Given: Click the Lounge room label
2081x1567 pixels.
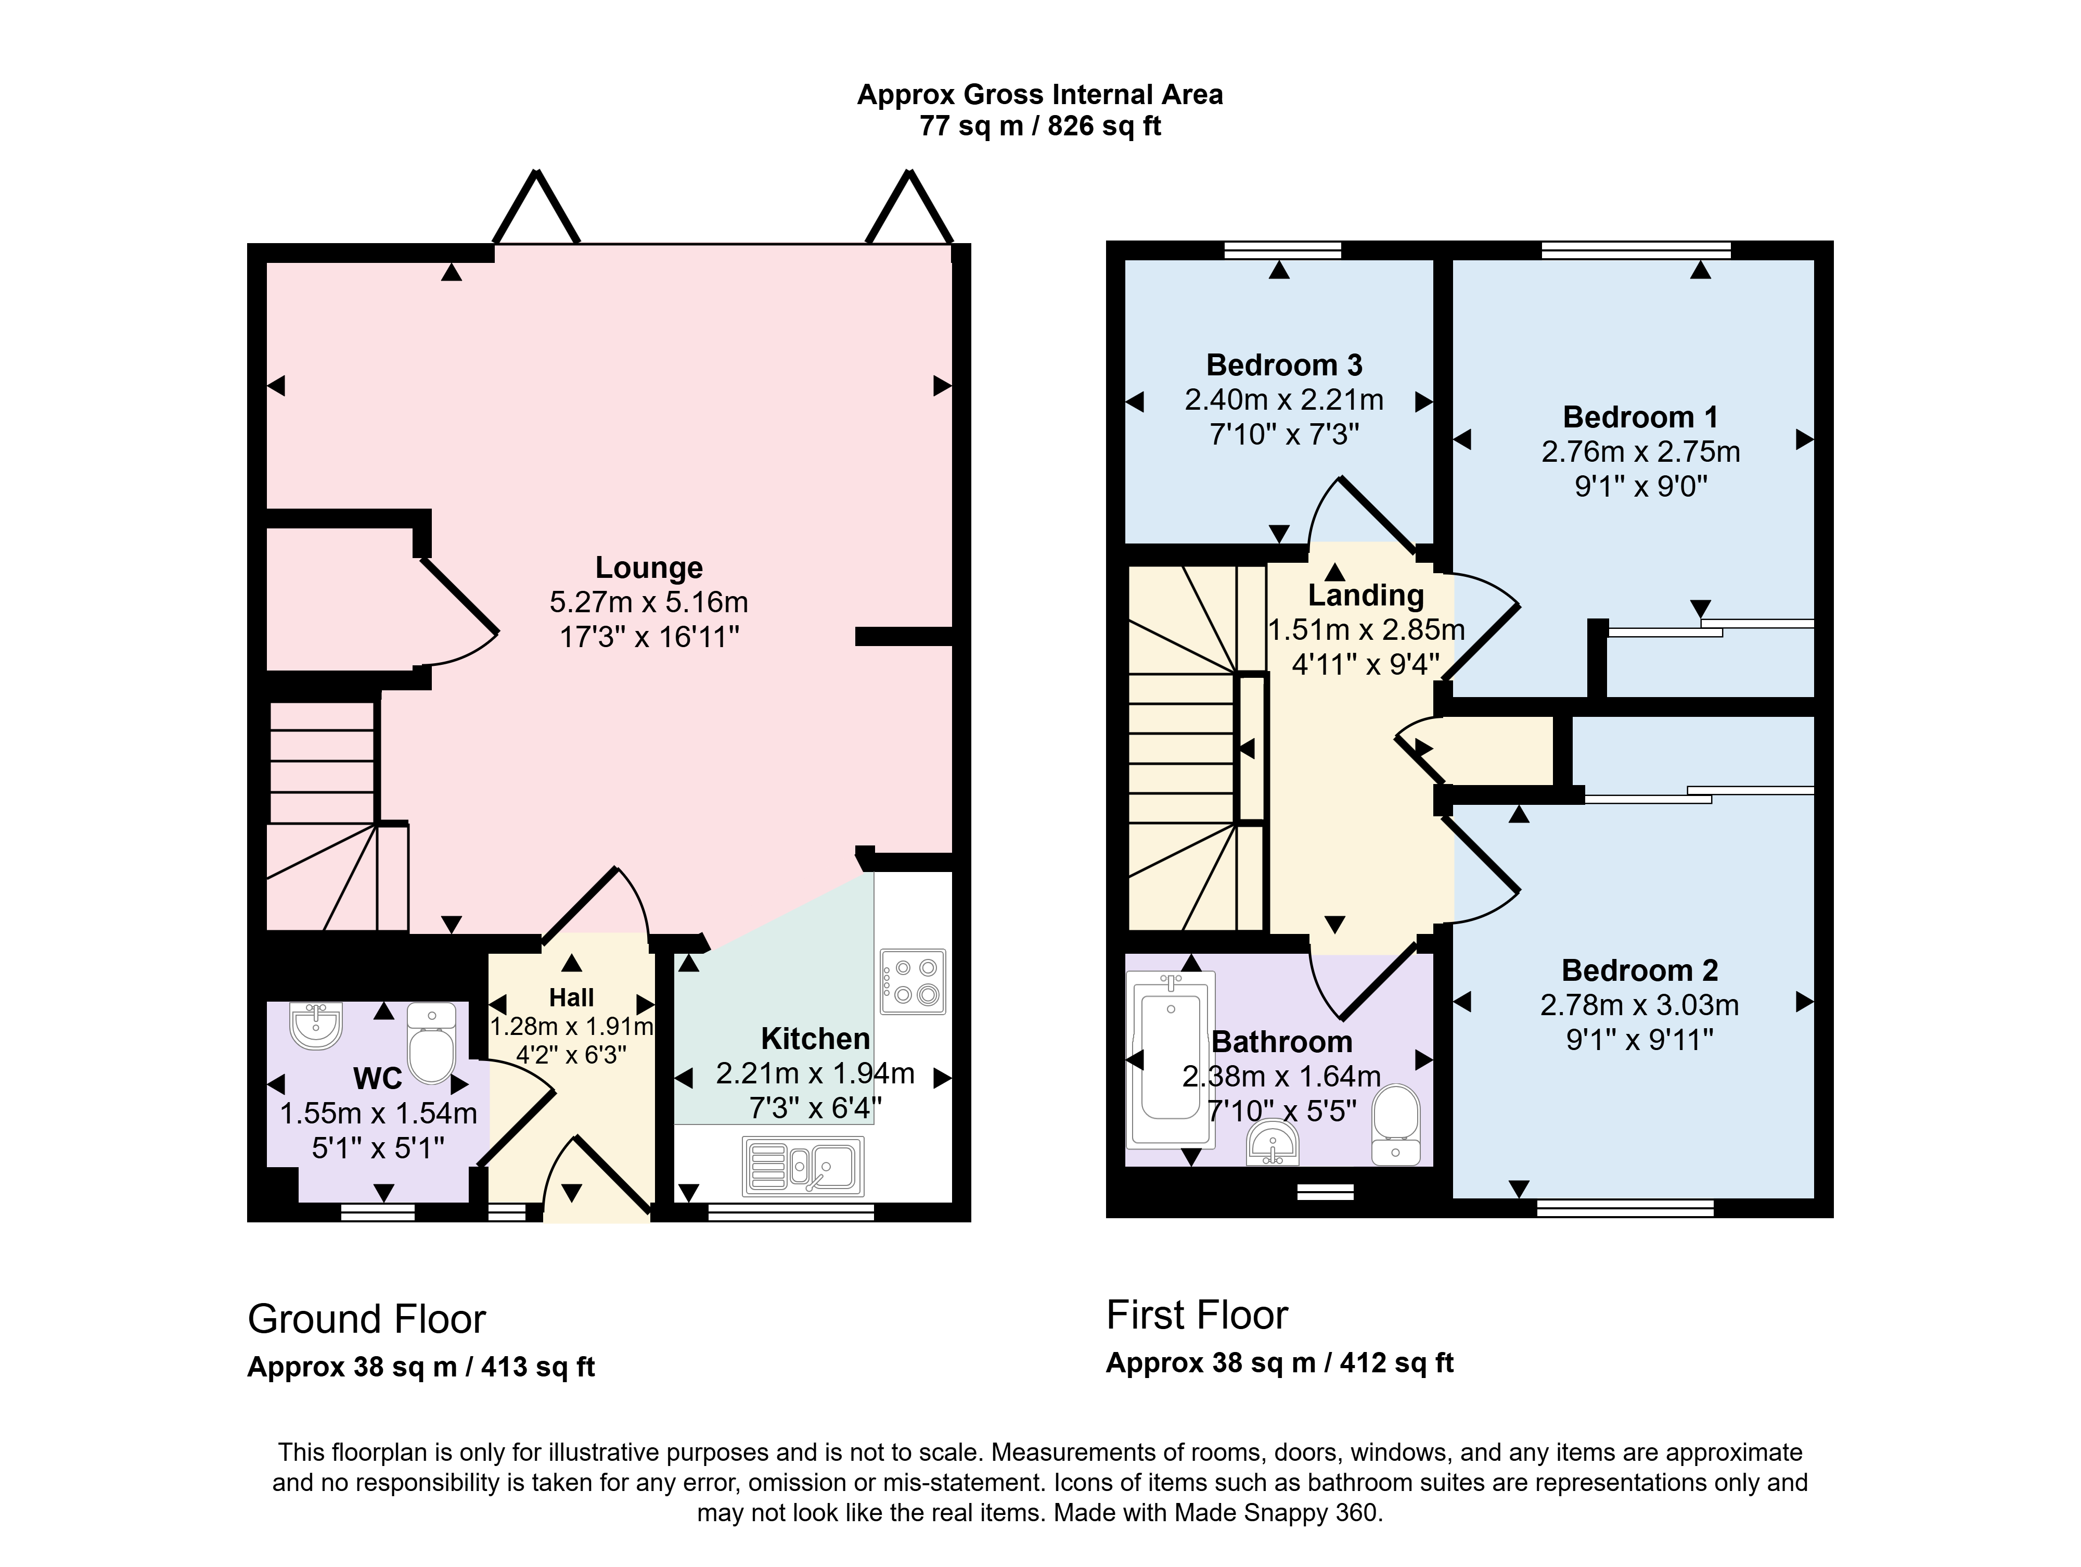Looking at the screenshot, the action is point(649,567).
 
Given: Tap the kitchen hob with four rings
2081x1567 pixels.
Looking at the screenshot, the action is point(913,982).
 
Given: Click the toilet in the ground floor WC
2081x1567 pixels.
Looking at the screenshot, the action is point(432,1043).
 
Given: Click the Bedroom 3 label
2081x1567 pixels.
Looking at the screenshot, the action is point(1284,365).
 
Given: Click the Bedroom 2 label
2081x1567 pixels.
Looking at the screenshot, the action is point(1640,970).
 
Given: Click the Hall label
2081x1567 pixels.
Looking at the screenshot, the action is point(571,997).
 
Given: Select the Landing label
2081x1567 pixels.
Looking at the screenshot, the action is point(1366,596).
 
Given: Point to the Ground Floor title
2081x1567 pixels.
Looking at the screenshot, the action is point(367,1320).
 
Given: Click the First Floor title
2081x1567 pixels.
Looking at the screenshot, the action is point(1197,1315).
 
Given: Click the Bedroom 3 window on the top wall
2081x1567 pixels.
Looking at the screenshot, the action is point(1283,250).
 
